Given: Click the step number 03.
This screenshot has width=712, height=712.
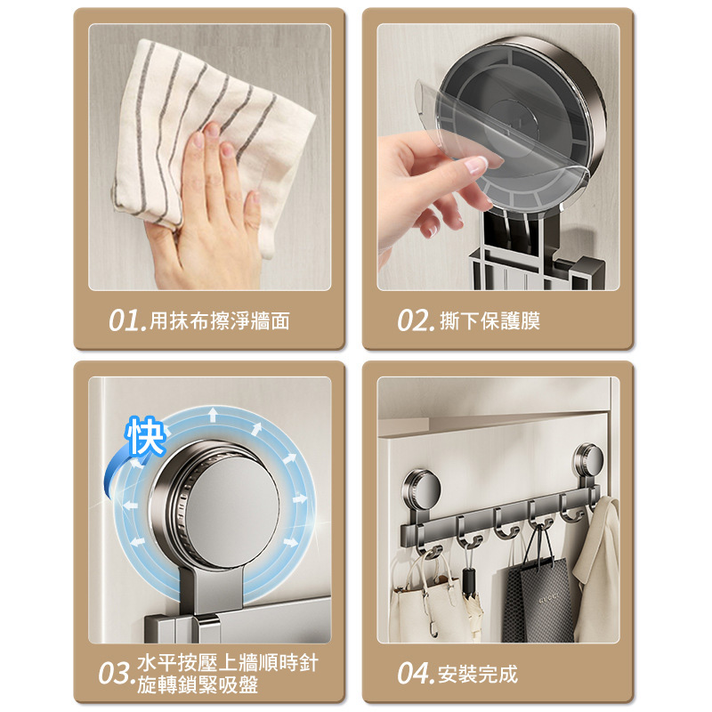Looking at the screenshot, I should tap(117, 674).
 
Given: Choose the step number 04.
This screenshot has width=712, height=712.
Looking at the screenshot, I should tap(416, 674).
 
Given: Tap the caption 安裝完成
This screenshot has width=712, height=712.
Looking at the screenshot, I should tap(478, 674).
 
